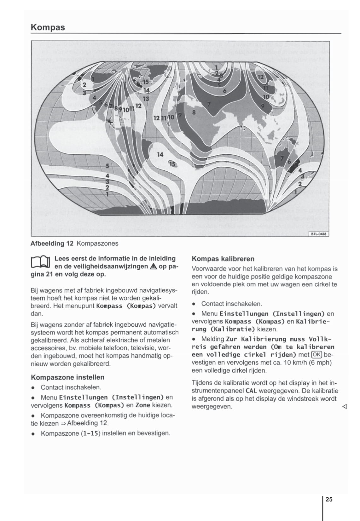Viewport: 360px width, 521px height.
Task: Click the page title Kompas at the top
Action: tap(48, 27)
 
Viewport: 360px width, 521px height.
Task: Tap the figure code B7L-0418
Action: tap(319, 234)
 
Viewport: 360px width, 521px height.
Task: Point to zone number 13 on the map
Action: tap(146, 99)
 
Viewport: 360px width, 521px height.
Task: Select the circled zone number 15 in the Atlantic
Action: tap(172, 164)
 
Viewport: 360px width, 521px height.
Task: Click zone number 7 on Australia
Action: tap(282, 157)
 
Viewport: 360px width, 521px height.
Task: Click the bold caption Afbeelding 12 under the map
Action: tap(52, 243)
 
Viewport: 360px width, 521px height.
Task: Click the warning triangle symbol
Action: tap(154, 266)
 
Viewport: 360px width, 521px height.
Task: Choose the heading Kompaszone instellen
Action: tap(67, 377)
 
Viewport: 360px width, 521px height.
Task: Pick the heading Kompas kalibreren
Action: tap(223, 259)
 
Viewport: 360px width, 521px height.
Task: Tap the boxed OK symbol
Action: tap(316, 355)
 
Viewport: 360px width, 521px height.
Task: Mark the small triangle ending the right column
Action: tap(344, 407)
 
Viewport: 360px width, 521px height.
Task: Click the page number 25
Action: tap(329, 499)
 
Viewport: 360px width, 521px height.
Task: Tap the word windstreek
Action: tap(298, 399)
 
